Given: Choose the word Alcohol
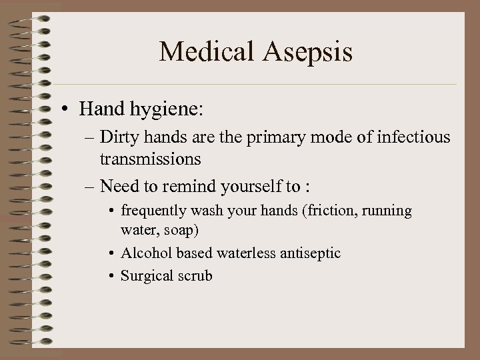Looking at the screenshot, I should [x=143, y=253].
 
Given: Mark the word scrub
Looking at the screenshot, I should [x=193, y=275].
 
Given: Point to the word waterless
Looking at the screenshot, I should [x=238, y=253].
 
